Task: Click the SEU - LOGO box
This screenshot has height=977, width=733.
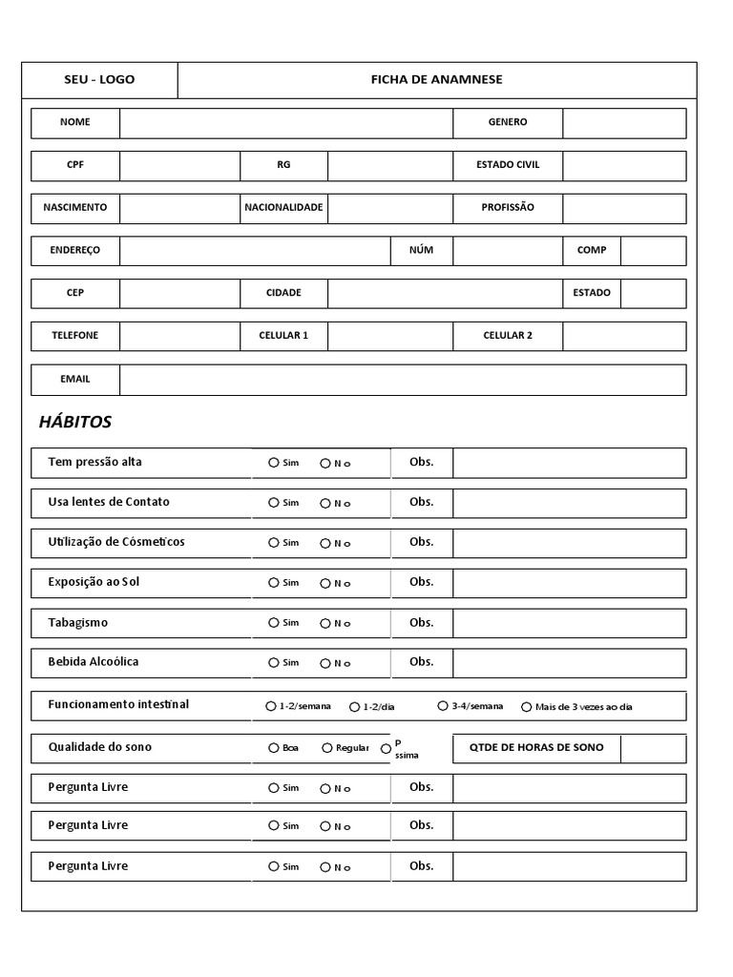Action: (99, 80)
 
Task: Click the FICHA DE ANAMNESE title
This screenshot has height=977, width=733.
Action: (436, 80)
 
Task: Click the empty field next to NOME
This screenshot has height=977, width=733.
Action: (285, 123)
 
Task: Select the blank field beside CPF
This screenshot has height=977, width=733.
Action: (179, 166)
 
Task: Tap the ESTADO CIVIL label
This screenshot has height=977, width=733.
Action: (508, 165)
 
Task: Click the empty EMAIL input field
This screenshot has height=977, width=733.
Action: (402, 380)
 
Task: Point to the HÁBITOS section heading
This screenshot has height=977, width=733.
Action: (75, 422)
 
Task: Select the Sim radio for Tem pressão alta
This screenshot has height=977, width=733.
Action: (274, 463)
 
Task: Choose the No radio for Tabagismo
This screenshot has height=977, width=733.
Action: (325, 623)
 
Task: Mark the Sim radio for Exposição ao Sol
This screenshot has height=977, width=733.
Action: (274, 583)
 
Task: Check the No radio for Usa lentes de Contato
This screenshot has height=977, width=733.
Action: (325, 503)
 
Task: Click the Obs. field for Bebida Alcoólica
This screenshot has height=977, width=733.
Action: (569, 663)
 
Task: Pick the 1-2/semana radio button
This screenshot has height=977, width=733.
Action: (271, 707)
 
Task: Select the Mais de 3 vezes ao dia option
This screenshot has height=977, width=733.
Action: (527, 707)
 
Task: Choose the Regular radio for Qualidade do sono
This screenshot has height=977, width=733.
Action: (327, 748)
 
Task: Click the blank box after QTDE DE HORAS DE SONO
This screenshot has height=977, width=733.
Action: (653, 749)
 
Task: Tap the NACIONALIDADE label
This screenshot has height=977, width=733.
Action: (283, 208)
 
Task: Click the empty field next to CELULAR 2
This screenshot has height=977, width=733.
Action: (623, 337)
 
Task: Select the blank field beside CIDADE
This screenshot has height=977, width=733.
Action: (390, 294)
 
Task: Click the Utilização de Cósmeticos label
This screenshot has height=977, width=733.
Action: (116, 542)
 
